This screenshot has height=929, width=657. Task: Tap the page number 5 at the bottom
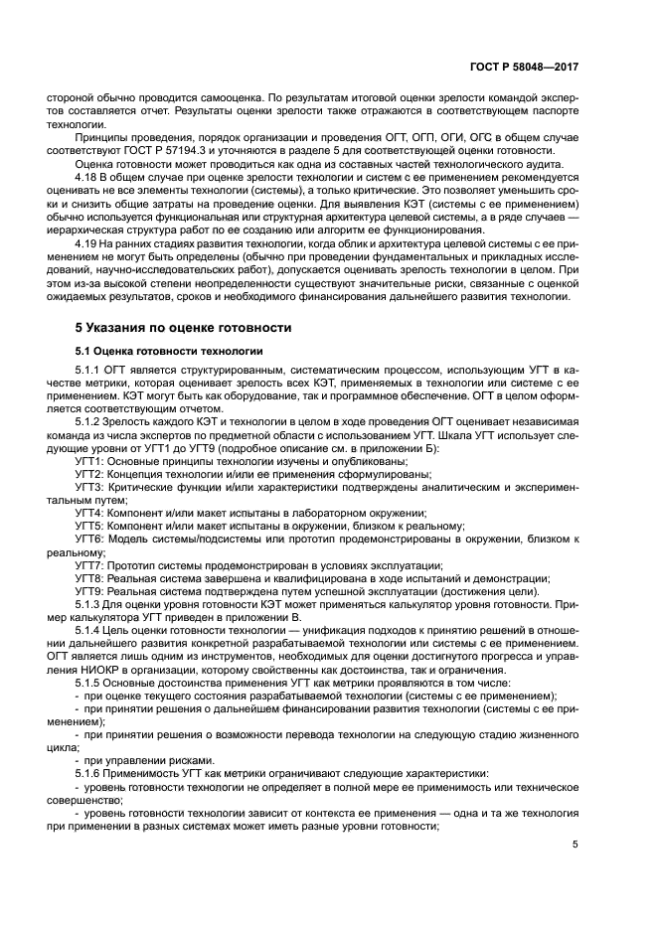coord(575,845)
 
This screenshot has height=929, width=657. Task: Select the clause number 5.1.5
coord(89,683)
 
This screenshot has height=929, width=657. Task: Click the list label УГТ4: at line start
coord(93,512)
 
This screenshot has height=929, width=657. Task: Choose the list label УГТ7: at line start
coord(93,564)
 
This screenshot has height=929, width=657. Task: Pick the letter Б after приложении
coord(397,447)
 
